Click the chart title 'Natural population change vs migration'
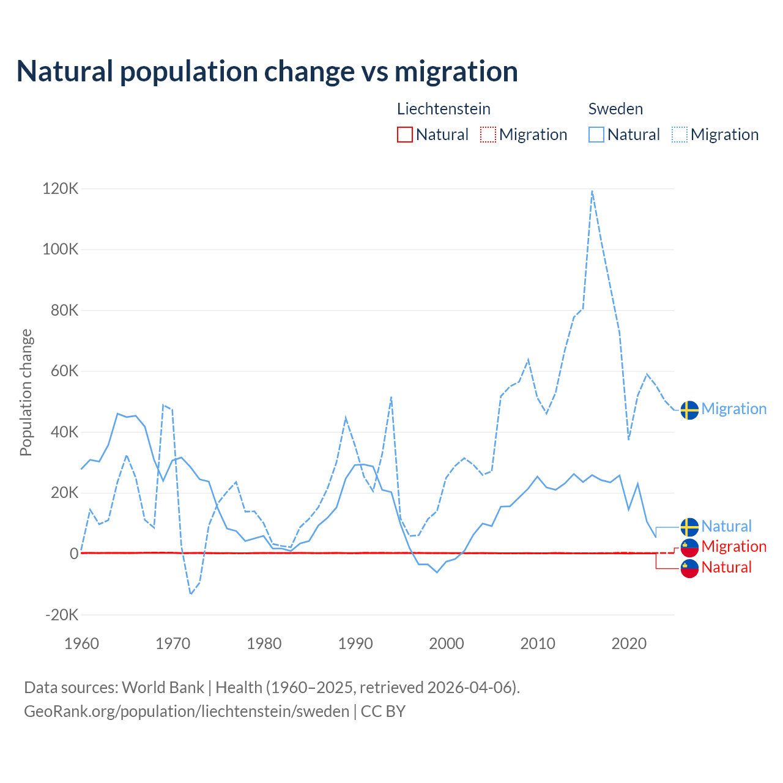[267, 72]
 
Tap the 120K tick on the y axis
[61, 188]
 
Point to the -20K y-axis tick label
[62, 615]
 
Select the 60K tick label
[62, 371]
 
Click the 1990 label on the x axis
[355, 644]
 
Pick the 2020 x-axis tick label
[629, 644]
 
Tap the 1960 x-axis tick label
[81, 644]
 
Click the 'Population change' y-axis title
[26, 392]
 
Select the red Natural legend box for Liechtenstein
[405, 135]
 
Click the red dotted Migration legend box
[488, 135]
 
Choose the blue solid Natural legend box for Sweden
[596, 135]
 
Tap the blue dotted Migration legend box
[680, 135]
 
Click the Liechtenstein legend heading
[443, 109]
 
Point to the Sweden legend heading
[615, 109]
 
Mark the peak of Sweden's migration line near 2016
[592, 191]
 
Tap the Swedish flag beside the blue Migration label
[689, 410]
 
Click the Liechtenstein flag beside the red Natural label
[689, 568]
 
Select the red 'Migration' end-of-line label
[733, 546]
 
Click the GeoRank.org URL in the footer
[187, 711]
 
